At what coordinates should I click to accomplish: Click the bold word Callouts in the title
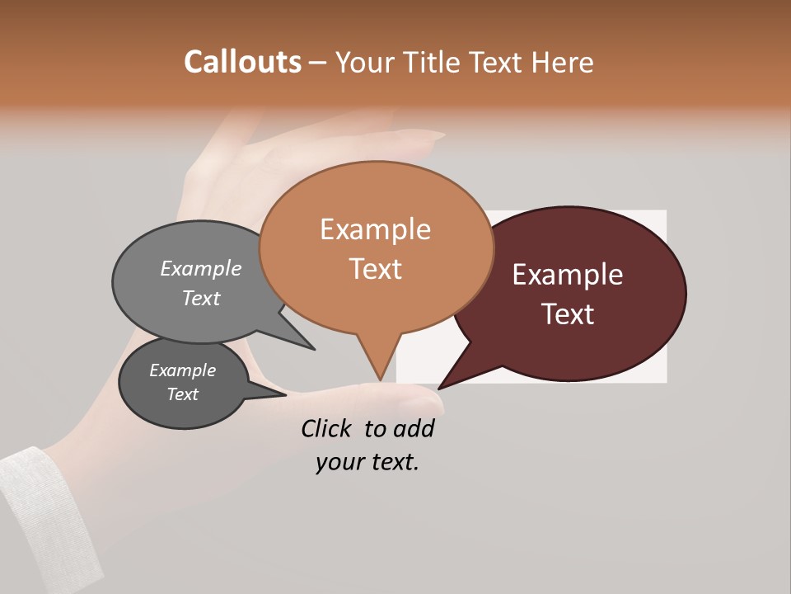[x=242, y=62]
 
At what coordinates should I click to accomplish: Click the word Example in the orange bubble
[x=375, y=229]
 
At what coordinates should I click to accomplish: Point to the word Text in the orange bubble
[x=375, y=269]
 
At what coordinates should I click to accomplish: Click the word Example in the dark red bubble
[x=568, y=275]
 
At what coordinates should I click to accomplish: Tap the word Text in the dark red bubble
[x=568, y=314]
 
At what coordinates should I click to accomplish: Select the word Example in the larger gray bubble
[x=201, y=269]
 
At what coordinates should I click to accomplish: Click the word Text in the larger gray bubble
[x=201, y=298]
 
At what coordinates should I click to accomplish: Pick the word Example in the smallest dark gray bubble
[x=182, y=370]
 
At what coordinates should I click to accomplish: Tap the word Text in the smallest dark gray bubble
[x=182, y=394]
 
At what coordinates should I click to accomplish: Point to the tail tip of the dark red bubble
[x=439, y=388]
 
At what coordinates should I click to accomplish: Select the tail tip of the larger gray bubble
[x=313, y=349]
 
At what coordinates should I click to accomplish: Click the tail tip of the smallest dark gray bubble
[x=285, y=394]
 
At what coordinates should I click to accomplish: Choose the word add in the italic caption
[x=414, y=429]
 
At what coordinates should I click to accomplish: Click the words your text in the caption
[x=367, y=462]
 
